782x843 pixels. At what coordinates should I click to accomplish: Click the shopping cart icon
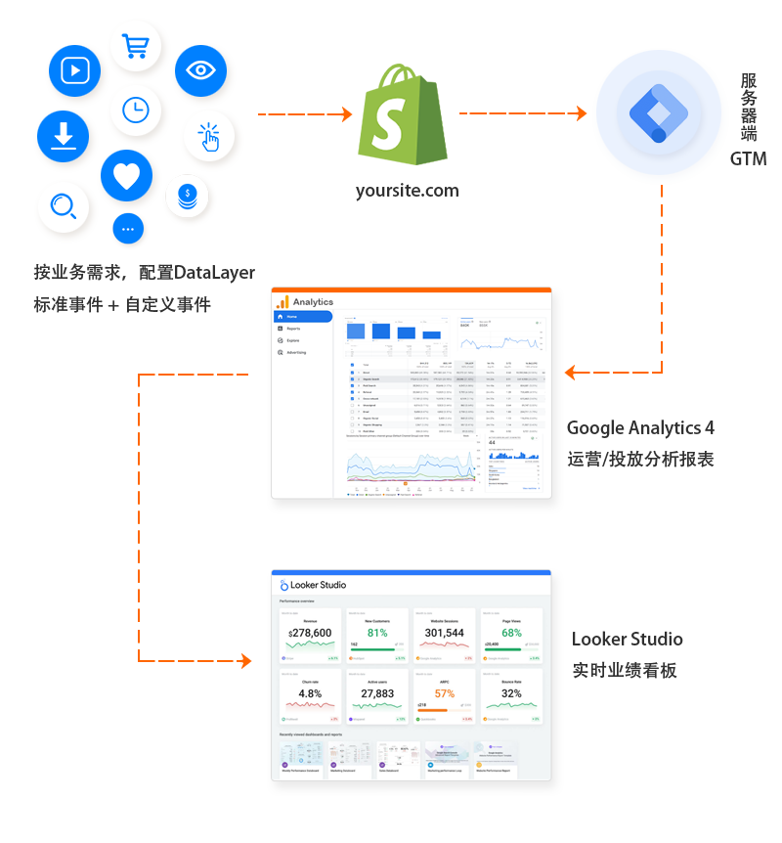(x=135, y=45)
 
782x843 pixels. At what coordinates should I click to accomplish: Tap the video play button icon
(x=75, y=70)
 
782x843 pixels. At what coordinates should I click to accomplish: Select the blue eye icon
(x=200, y=70)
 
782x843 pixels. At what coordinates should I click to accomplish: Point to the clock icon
(x=136, y=111)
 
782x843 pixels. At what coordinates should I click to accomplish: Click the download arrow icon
(x=64, y=135)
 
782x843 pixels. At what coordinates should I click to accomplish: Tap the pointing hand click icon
(x=208, y=138)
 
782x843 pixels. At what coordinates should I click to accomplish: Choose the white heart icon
(x=126, y=176)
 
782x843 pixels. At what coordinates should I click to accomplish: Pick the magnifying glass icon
(x=64, y=206)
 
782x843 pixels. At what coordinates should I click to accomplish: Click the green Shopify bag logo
(x=403, y=115)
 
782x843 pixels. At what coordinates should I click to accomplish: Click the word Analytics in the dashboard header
(x=313, y=302)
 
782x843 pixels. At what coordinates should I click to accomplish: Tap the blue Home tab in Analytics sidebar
(x=303, y=317)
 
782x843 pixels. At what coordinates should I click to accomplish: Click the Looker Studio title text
(x=319, y=585)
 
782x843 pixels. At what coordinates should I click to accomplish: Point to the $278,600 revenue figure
(x=310, y=634)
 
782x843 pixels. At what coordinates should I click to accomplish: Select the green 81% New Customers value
(x=377, y=633)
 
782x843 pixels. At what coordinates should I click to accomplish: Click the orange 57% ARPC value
(x=445, y=693)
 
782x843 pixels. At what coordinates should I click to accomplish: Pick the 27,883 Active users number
(x=377, y=693)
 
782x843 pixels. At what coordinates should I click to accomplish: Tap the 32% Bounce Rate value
(x=511, y=693)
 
